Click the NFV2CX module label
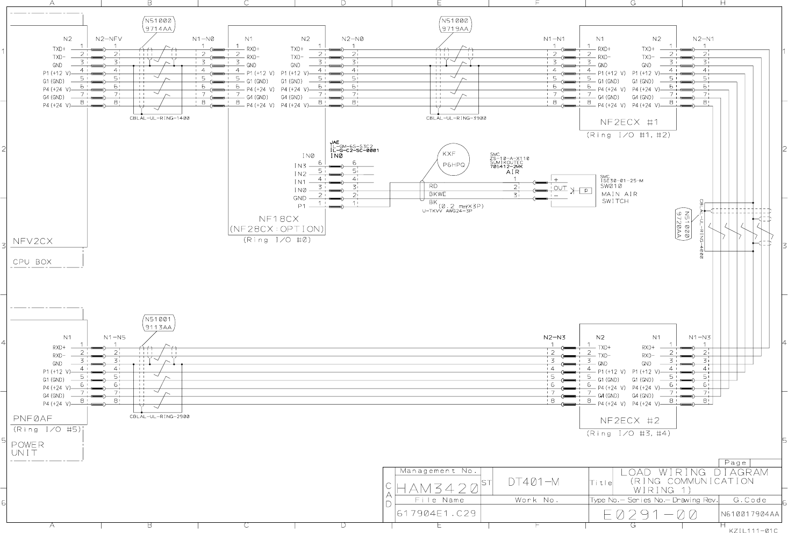pyautogui.click(x=33, y=241)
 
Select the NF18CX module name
pyautogui.click(x=278, y=219)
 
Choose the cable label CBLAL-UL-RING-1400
pyautogui.click(x=160, y=118)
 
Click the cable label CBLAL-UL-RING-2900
pyautogui.click(x=160, y=416)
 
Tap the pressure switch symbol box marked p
pyautogui.click(x=585, y=190)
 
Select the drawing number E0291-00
pyautogui.click(x=650, y=514)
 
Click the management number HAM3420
pyautogui.click(x=437, y=488)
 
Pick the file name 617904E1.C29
pyautogui.click(x=436, y=513)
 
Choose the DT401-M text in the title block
pyautogui.click(x=534, y=482)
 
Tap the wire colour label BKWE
pyautogui.click(x=438, y=194)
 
